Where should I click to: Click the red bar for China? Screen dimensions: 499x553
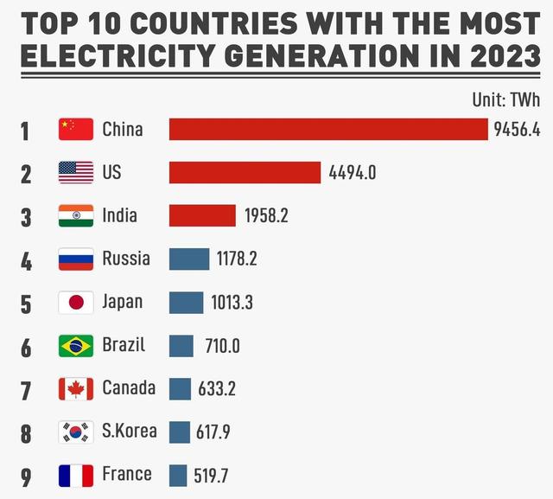(x=328, y=129)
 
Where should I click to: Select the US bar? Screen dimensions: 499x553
(x=245, y=172)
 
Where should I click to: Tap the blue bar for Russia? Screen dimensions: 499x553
(x=189, y=259)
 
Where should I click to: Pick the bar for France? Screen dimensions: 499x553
(x=178, y=475)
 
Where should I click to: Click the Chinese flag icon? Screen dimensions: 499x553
(x=76, y=130)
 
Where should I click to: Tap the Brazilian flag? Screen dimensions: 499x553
(x=76, y=346)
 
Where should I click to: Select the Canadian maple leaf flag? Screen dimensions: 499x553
(x=76, y=389)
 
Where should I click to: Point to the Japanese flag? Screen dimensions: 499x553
(x=76, y=303)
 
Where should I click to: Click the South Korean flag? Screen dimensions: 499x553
(x=76, y=432)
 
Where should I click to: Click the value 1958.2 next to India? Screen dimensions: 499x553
(x=266, y=215)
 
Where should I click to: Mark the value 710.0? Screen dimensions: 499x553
(x=222, y=346)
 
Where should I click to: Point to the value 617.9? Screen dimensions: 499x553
(x=213, y=432)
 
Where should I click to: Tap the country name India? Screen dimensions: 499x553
(x=119, y=215)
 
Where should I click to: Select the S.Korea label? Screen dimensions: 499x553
(x=130, y=430)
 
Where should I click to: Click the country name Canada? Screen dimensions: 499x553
(x=129, y=387)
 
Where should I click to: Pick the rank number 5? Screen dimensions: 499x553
(x=26, y=304)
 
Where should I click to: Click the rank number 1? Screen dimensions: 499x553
(x=25, y=131)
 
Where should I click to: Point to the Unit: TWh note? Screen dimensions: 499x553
(x=505, y=99)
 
